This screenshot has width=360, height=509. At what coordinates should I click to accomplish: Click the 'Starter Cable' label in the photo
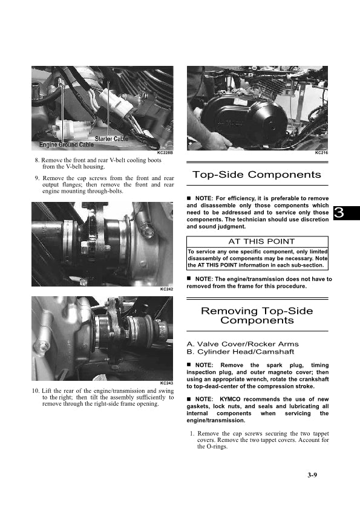(111, 138)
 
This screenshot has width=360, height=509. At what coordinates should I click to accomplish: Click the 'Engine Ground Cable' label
(67, 144)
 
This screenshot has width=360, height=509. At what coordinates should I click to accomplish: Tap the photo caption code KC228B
(165, 152)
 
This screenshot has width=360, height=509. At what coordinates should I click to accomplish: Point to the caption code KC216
(321, 152)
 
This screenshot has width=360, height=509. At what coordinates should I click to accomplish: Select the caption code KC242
(166, 289)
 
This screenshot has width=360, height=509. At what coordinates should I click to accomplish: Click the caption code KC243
(166, 383)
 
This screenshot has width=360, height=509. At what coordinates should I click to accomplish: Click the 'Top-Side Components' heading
(257, 175)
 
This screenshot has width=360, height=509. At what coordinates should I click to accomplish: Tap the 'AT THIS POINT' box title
(261, 242)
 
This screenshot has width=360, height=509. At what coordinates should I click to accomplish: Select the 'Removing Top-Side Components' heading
(257, 316)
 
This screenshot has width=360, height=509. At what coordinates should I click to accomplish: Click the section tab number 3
(339, 213)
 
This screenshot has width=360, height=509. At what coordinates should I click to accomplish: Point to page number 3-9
(312, 475)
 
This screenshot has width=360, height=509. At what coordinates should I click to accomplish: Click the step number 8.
(37, 160)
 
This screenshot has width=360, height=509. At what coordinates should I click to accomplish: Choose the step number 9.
(37, 178)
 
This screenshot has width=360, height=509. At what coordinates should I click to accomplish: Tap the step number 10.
(36, 391)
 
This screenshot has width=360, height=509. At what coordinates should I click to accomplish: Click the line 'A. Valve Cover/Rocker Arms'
(243, 344)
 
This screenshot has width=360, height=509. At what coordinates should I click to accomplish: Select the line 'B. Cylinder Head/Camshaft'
(240, 352)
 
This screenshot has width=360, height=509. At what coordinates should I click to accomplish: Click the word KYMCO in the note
(230, 399)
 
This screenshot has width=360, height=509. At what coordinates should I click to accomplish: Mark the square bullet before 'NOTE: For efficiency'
(189, 198)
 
